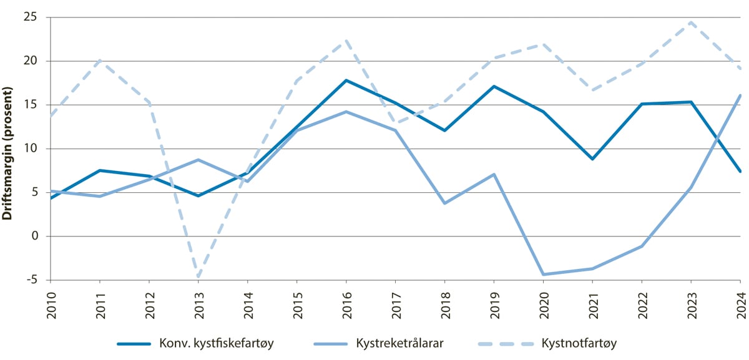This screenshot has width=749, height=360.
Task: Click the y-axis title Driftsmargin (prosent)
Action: [8, 148]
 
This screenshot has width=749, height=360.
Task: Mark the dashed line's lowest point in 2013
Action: [198, 277]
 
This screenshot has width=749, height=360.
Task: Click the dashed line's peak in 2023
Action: [690, 22]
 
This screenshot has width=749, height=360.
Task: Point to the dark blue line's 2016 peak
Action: [346, 80]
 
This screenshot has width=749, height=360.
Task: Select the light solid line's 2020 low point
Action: [542, 275]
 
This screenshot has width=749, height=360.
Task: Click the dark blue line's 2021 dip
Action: [592, 159]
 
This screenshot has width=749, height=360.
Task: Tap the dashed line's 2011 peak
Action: [100, 61]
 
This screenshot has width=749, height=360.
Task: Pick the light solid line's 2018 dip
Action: [444, 203]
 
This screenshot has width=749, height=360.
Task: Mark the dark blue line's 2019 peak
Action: [493, 86]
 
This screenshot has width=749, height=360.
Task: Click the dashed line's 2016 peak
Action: [346, 41]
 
